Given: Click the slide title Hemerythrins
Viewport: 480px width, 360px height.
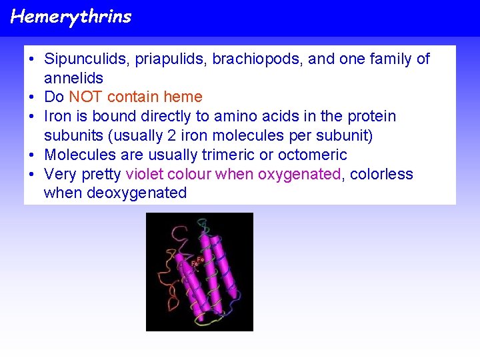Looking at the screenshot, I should coord(71,17).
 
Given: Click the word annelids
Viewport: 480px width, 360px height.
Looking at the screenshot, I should coord(73,78).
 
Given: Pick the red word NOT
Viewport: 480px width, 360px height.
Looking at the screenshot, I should coord(86,97).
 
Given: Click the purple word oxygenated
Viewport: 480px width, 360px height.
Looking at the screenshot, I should coord(299,175).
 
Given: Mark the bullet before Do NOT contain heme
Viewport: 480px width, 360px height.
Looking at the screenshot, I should coord(31,97).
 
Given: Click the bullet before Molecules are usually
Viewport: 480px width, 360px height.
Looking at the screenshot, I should coord(31,155).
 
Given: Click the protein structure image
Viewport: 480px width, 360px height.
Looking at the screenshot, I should coord(199,272).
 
